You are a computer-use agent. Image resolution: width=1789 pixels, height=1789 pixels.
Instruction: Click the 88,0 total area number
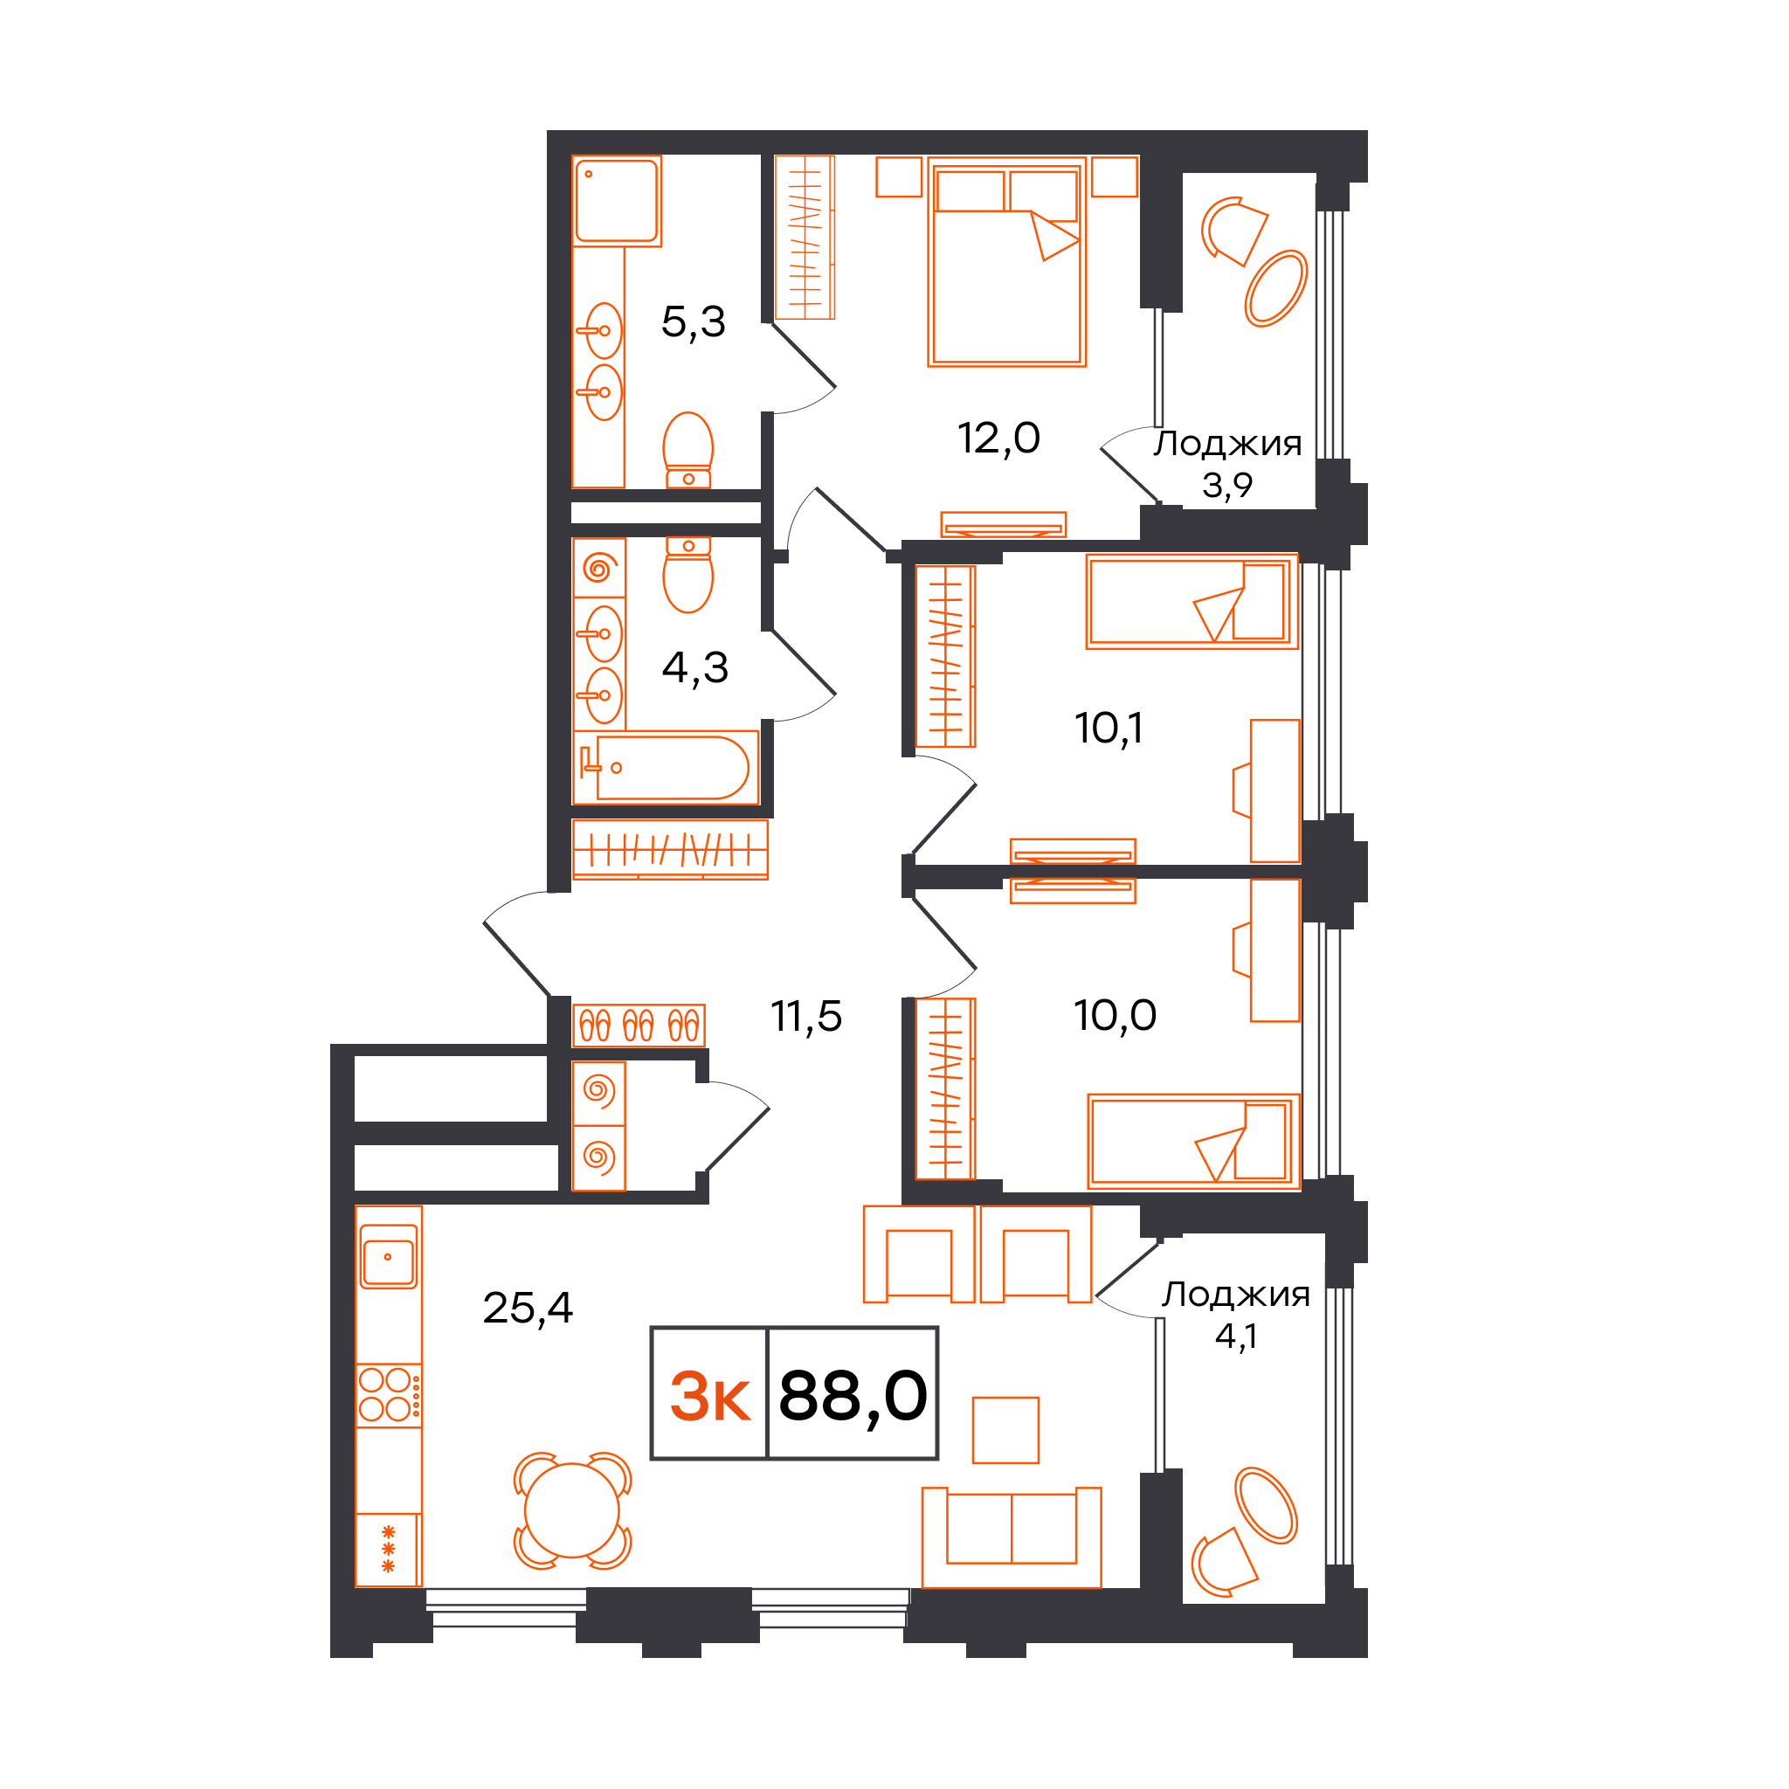tap(853, 1395)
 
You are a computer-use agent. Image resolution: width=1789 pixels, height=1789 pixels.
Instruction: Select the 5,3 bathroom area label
tap(694, 321)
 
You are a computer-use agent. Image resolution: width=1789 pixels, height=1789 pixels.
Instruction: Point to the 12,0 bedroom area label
tap(998, 437)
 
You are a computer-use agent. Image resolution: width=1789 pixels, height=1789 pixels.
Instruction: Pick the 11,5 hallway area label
tap(806, 1016)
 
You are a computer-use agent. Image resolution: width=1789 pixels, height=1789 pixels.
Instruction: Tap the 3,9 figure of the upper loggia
tap(1227, 484)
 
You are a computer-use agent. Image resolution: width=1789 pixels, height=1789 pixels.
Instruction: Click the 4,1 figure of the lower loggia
tap(1236, 1336)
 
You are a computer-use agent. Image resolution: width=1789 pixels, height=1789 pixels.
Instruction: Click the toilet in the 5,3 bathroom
tap(688, 450)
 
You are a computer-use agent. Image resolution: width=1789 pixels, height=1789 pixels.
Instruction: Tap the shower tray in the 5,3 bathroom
tap(617, 200)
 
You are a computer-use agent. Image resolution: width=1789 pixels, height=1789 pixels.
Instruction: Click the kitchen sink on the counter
tap(389, 1256)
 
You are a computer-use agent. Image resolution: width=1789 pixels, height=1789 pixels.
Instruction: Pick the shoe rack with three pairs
tap(639, 1025)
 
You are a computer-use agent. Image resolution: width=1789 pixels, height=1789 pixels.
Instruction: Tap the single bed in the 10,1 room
tap(1192, 601)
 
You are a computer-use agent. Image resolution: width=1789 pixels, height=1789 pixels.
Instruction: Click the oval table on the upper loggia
tap(1275, 288)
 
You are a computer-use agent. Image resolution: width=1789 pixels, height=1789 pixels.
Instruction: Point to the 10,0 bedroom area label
tap(1115, 1015)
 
